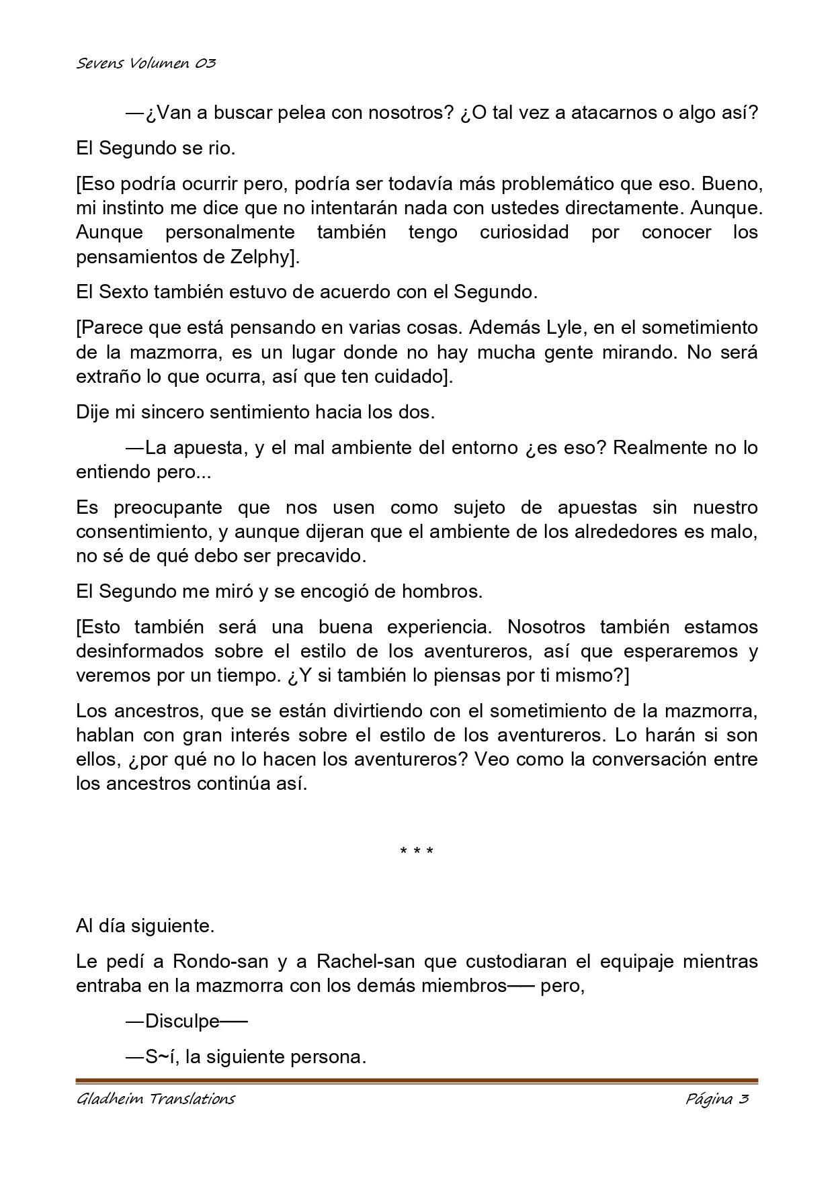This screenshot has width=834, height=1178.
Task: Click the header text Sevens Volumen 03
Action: pos(146,64)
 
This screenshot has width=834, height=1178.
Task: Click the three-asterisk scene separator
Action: pos(417,852)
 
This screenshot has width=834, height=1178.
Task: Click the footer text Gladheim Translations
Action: pos(156,1099)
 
